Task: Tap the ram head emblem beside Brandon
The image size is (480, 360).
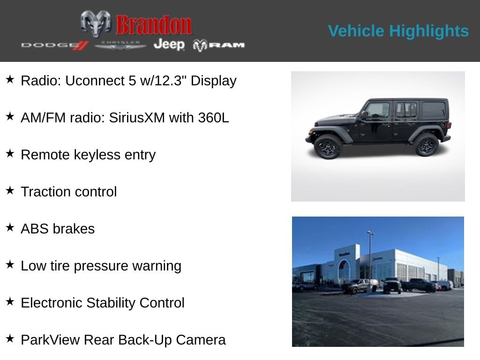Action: [96, 23]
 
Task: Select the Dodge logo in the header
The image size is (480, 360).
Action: [54, 45]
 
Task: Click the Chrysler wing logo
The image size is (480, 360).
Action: [120, 45]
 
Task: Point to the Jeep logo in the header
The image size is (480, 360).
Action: [169, 45]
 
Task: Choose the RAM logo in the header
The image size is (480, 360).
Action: [219, 45]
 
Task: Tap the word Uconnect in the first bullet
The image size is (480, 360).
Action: [94, 81]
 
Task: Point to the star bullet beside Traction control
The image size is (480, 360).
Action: [10, 190]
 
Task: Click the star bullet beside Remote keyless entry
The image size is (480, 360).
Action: [10, 153]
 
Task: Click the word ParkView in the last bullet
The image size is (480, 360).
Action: [50, 340]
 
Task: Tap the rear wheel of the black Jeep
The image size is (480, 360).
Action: [426, 144]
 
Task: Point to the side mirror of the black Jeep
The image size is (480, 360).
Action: [364, 114]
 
